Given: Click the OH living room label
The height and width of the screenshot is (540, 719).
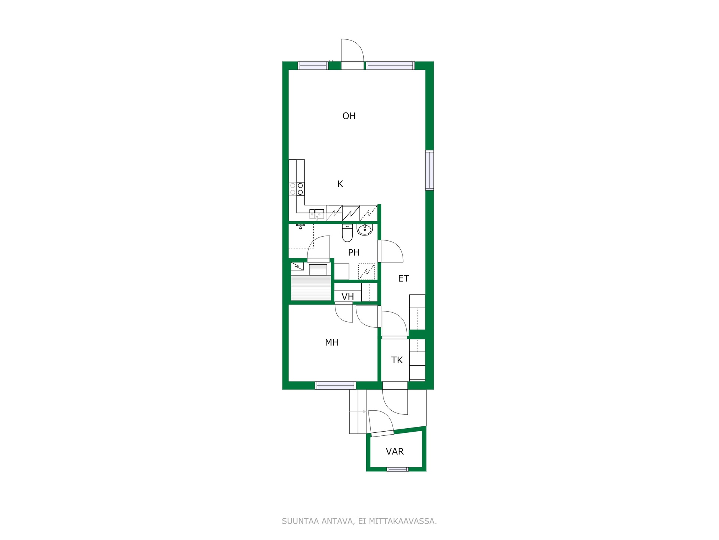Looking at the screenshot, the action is click(x=349, y=116).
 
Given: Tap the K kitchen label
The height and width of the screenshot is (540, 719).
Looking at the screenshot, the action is click(x=340, y=184).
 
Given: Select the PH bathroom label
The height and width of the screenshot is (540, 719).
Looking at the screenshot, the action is click(x=354, y=252).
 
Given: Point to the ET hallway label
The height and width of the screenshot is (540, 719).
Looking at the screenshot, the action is click(x=403, y=278).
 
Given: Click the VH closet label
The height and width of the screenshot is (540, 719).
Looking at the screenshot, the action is click(x=348, y=297).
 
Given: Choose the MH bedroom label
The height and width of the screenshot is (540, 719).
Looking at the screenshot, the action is click(x=332, y=342).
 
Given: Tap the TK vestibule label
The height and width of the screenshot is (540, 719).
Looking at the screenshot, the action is click(x=397, y=360).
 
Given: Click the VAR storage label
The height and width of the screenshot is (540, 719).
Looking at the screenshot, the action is click(x=395, y=451).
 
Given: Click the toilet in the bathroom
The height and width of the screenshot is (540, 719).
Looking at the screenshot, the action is click(x=348, y=233).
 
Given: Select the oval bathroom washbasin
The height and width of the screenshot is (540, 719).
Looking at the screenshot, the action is click(x=365, y=229).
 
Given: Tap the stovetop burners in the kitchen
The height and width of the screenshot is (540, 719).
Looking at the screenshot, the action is click(x=297, y=189).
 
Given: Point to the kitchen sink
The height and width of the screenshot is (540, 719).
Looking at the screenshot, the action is click(x=317, y=214).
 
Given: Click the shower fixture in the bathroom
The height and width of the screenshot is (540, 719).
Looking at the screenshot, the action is click(x=300, y=226).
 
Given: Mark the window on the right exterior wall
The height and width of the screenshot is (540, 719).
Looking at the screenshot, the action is click(x=430, y=170).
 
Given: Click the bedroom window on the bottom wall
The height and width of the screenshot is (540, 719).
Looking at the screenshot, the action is click(x=335, y=385).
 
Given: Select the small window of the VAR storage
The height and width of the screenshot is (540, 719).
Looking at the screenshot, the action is click(x=397, y=469).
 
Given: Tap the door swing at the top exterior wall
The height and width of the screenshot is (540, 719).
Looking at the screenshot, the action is click(x=352, y=51).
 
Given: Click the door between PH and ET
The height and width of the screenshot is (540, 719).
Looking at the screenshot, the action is click(x=391, y=251).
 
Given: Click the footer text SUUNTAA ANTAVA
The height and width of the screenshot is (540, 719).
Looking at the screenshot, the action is click(x=318, y=521).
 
